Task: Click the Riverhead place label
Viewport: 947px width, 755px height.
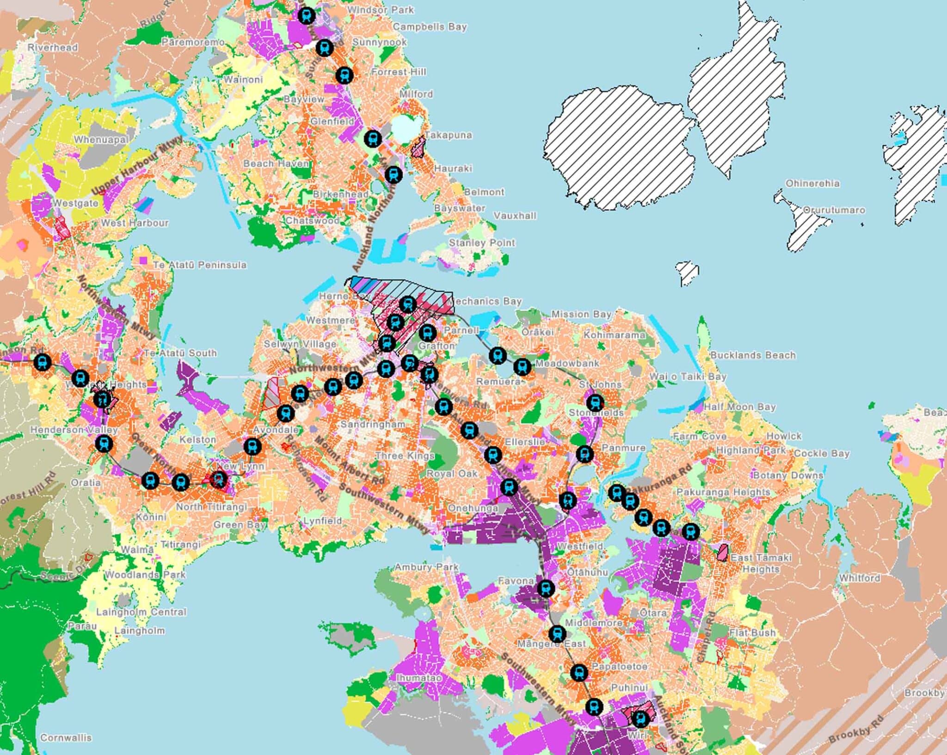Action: [x=53, y=47]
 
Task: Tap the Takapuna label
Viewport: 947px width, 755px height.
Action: [x=448, y=135]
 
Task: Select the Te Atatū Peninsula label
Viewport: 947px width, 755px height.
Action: [x=199, y=265]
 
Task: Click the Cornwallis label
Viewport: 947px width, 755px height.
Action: [x=66, y=737]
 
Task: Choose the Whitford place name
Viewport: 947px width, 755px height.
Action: [x=859, y=578]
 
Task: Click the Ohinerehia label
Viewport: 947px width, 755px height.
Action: [x=812, y=183]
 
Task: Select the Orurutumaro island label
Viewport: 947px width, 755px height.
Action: [x=833, y=210]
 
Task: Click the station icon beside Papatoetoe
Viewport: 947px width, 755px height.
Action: [x=578, y=672]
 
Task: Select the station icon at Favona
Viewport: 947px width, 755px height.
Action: [x=546, y=588]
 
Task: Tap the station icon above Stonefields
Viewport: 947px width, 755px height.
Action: [x=595, y=402]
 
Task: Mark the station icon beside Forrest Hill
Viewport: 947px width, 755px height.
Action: [x=344, y=74]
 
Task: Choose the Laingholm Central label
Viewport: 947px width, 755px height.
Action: [x=141, y=612]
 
